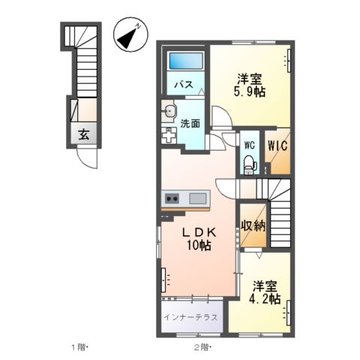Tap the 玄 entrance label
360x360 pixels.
84,135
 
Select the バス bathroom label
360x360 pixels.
182,85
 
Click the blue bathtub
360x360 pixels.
185,61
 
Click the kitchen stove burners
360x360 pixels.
171,198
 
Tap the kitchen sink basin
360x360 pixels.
199,198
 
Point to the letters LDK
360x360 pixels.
198,232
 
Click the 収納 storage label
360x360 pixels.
253,225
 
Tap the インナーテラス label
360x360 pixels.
192,316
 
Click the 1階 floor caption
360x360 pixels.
80,347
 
